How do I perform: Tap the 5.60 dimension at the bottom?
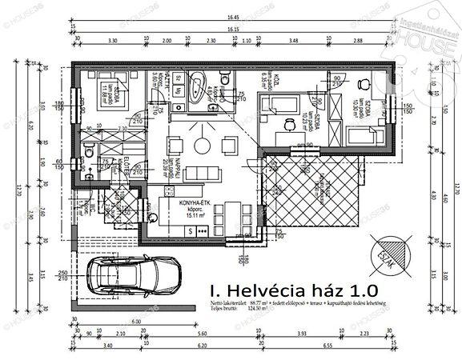[x=220, y=334]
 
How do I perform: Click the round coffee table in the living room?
[x=200, y=145]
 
